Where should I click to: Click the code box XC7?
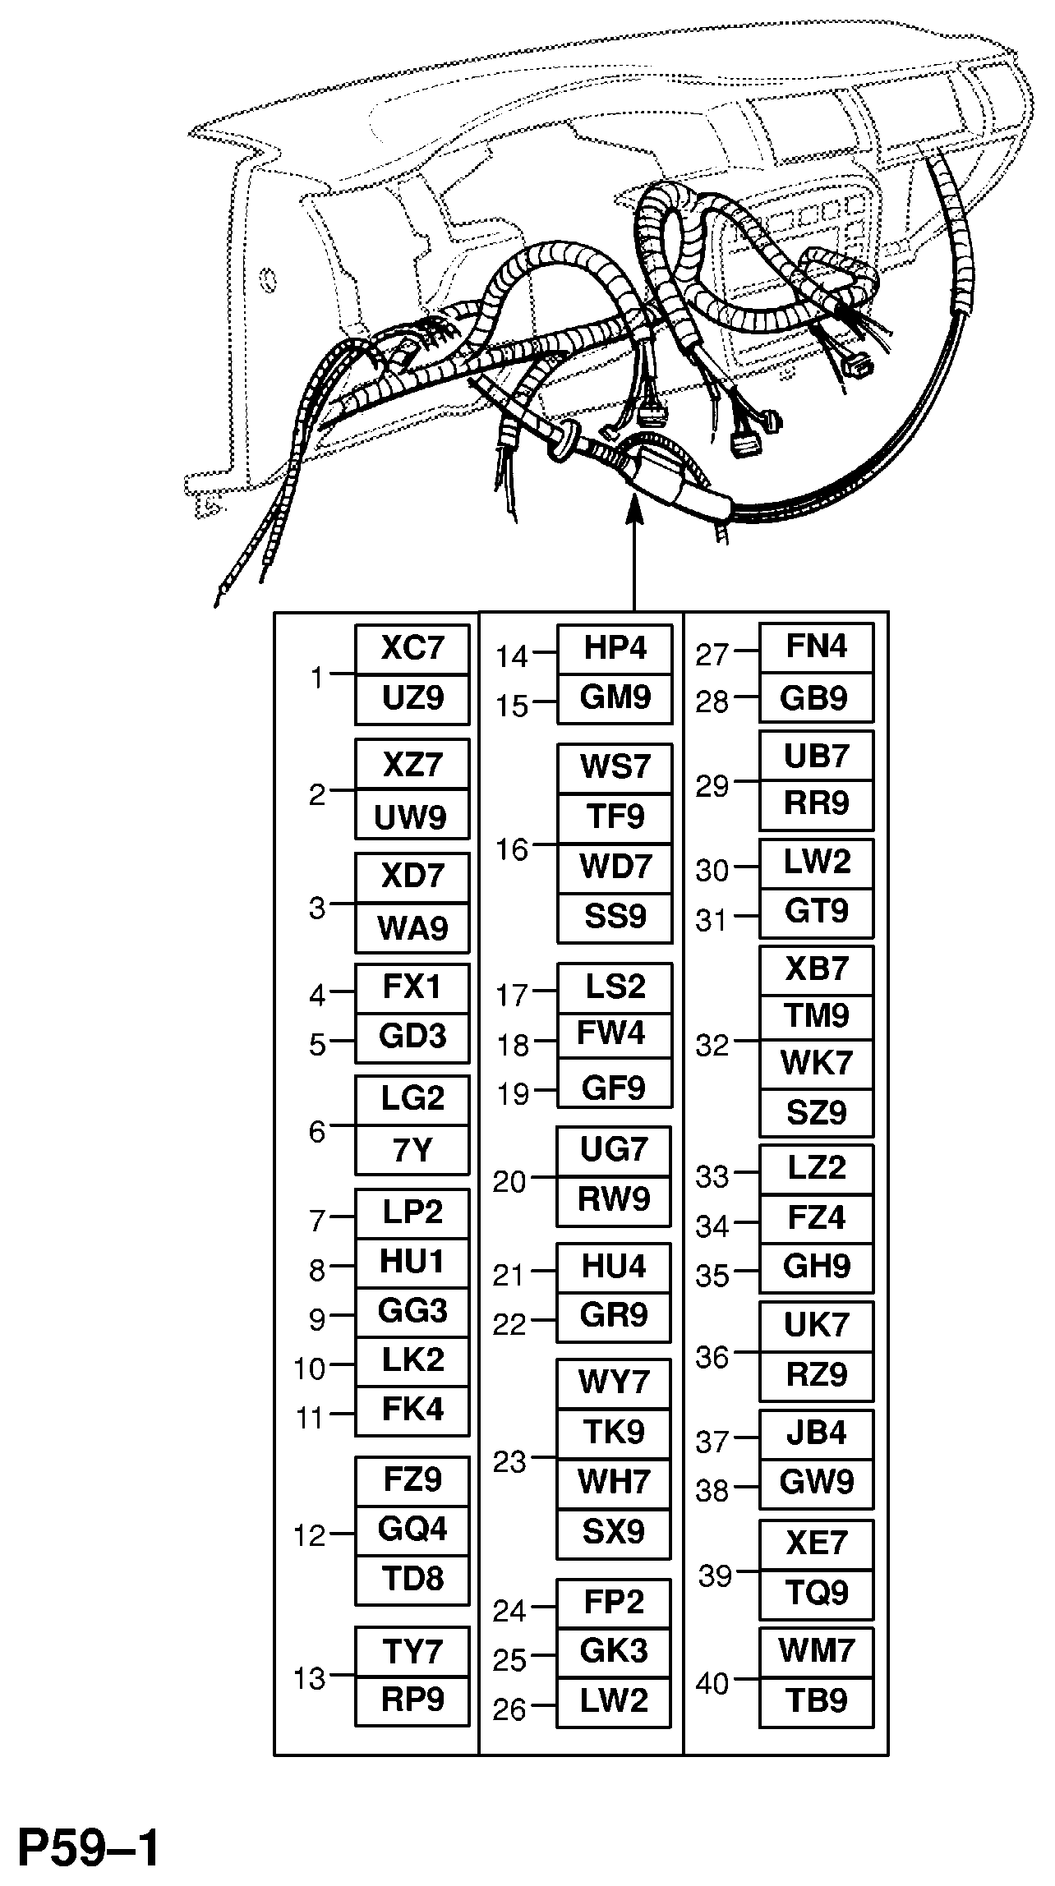[412, 649]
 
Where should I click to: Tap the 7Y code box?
[412, 1150]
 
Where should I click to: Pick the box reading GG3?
[412, 1311]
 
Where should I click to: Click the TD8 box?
[412, 1580]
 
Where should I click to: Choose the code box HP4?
[615, 649]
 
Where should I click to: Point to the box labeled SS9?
[615, 918]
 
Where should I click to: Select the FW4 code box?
[615, 1034]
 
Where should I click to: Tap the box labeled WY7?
[615, 1382]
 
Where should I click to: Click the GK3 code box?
[615, 1652]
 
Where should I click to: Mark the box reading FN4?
[816, 647]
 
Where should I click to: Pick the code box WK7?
[816, 1064]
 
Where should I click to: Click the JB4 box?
[816, 1434]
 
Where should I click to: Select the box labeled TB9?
[816, 1701]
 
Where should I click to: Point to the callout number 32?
[712, 1046]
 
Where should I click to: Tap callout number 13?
[311, 1678]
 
